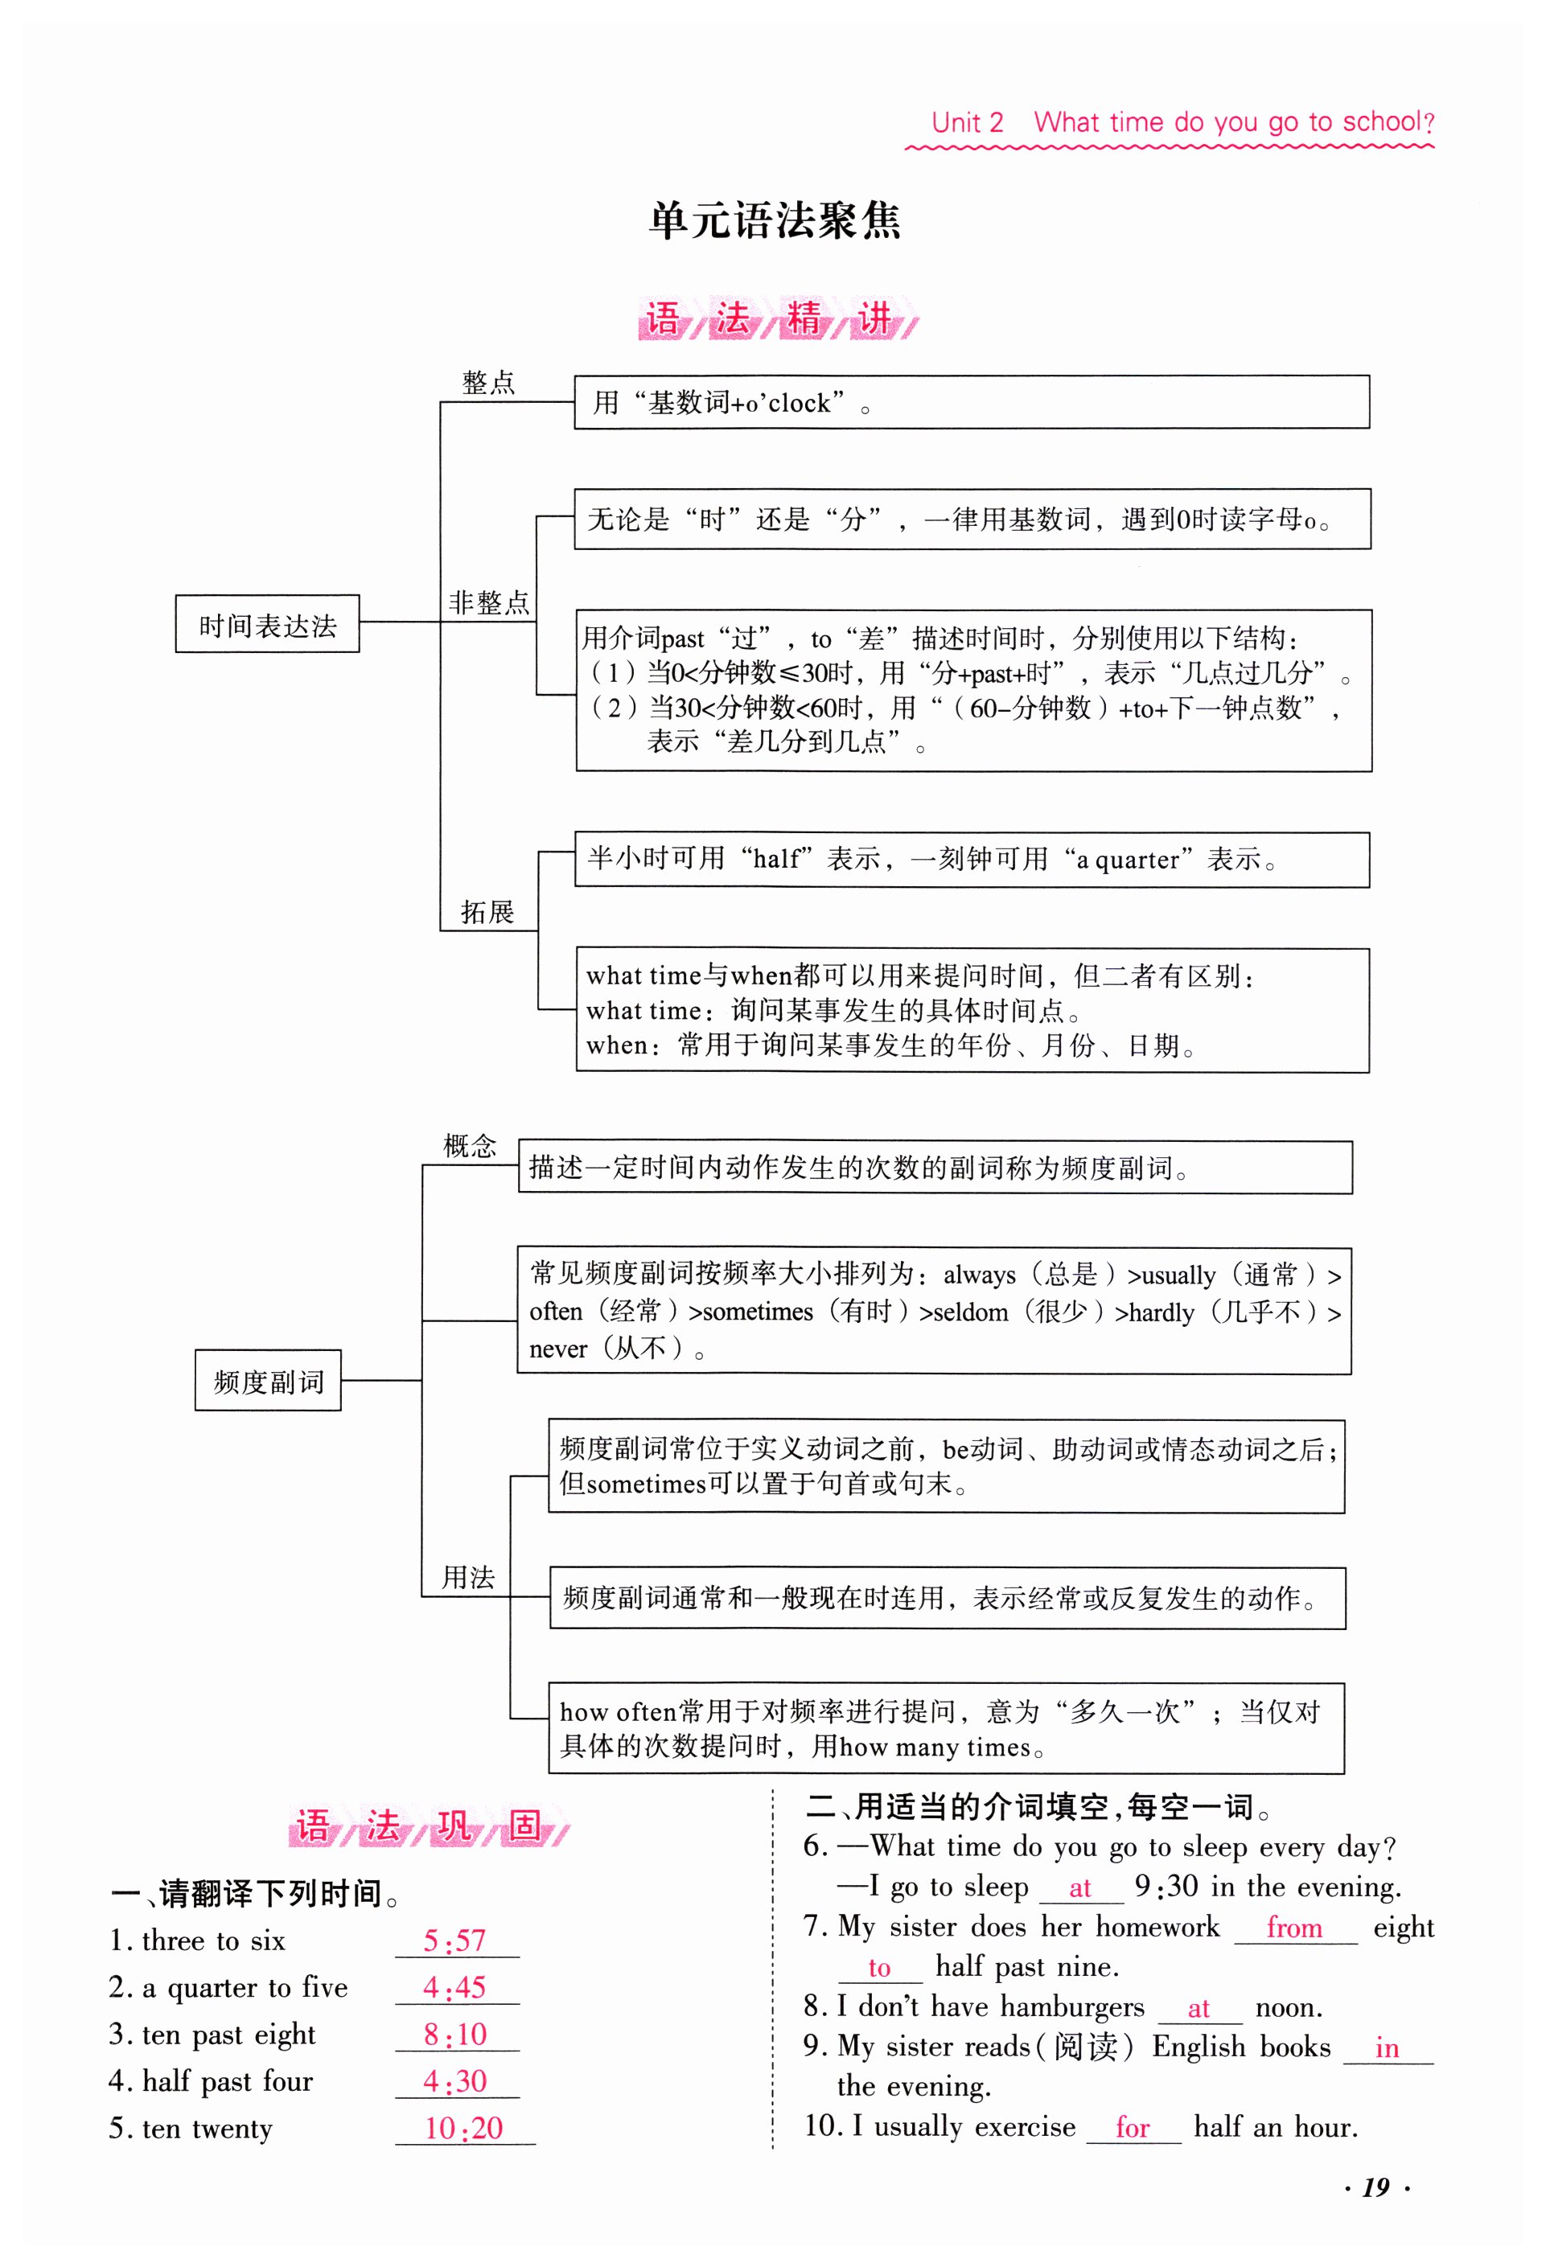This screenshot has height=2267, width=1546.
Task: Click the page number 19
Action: coord(1375,2188)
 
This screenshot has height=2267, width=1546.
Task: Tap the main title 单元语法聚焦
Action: coord(775,220)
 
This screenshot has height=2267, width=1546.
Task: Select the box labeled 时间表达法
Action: coord(267,624)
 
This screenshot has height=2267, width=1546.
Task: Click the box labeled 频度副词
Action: coord(268,1382)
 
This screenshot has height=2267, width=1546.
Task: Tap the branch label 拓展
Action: coord(487,912)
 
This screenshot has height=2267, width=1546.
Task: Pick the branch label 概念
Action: coord(470,1145)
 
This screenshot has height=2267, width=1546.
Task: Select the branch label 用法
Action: coord(469,1577)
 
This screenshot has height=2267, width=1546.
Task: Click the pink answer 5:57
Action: coord(454,1941)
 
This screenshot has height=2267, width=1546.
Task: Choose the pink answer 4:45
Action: coord(454,1988)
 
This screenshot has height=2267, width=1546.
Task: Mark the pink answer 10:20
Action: coord(463,2129)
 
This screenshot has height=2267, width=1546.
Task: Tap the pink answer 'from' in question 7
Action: coord(1294,1928)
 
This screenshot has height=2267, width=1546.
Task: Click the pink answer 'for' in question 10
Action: coord(1133,2128)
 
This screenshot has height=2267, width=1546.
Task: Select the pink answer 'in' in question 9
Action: coord(1387,2047)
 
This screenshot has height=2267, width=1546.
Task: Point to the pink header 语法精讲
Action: coord(776,319)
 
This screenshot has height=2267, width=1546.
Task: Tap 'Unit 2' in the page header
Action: coord(967,123)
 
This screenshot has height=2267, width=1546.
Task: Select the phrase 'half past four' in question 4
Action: coord(228,2082)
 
